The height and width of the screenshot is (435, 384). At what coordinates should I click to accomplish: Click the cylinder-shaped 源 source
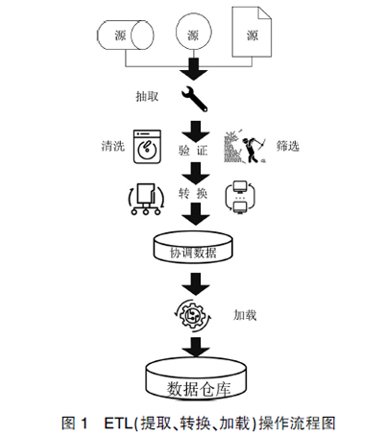coord(126,36)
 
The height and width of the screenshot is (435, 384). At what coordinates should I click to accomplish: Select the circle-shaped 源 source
coord(194,33)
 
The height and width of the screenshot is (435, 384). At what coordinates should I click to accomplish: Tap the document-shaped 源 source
coord(252,32)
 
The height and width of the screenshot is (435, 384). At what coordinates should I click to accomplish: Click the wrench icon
coord(195,99)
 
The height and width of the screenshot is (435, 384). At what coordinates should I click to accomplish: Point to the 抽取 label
coord(147,96)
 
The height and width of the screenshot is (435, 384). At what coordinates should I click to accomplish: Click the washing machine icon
coord(147,147)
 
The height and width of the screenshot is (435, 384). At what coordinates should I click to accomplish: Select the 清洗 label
coord(113,146)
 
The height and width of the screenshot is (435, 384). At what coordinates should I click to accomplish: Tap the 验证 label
coord(193,150)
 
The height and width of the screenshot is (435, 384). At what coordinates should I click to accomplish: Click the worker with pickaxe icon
coord(246,146)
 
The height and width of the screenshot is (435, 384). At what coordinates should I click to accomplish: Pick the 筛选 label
coord(288,146)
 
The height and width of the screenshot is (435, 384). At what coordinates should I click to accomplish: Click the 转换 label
coord(193,193)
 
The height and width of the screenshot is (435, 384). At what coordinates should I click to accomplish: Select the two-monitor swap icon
coord(240,197)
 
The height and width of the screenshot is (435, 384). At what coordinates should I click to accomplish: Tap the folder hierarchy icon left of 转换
coord(146,199)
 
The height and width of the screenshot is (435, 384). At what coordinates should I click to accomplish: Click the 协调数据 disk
coord(193,247)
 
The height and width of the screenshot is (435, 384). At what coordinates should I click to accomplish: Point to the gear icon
coord(193,315)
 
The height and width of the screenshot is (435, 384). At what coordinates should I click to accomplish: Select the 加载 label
coord(245,315)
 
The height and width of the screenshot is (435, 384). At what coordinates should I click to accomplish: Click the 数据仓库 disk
coord(197,377)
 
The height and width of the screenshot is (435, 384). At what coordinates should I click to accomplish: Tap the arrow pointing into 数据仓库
coord(196,347)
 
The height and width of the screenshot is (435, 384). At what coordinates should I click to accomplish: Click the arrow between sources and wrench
coord(194,69)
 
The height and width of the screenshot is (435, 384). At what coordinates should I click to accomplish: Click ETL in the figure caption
coord(118,423)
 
